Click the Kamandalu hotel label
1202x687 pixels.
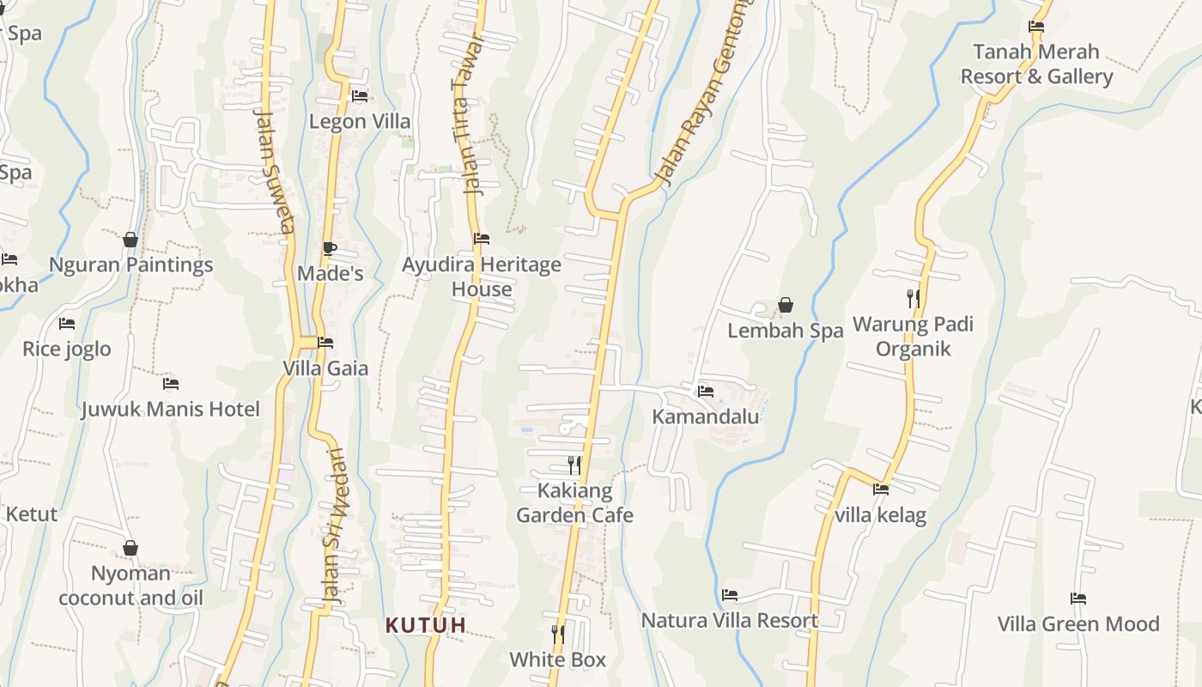click(x=706, y=416)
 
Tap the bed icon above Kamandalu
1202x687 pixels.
click(x=706, y=391)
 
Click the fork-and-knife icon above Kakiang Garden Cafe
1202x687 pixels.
click(x=574, y=465)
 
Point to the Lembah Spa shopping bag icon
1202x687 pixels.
click(x=785, y=305)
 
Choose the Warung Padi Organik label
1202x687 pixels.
click(x=913, y=337)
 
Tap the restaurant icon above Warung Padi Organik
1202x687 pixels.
click(x=914, y=298)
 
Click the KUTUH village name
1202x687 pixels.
click(x=426, y=625)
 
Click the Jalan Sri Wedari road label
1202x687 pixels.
click(x=337, y=526)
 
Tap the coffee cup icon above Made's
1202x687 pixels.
click(x=329, y=248)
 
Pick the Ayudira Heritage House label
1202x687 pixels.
click(x=482, y=277)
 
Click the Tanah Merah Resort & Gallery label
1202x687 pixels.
click(x=1036, y=64)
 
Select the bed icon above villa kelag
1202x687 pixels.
click(x=880, y=489)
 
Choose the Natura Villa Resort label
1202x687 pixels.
click(x=730, y=620)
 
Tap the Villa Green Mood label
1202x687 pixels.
click(x=1078, y=623)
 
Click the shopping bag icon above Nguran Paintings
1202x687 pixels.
click(x=131, y=240)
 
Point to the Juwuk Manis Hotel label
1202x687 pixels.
click(x=170, y=409)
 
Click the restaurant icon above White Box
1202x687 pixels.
click(x=558, y=634)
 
